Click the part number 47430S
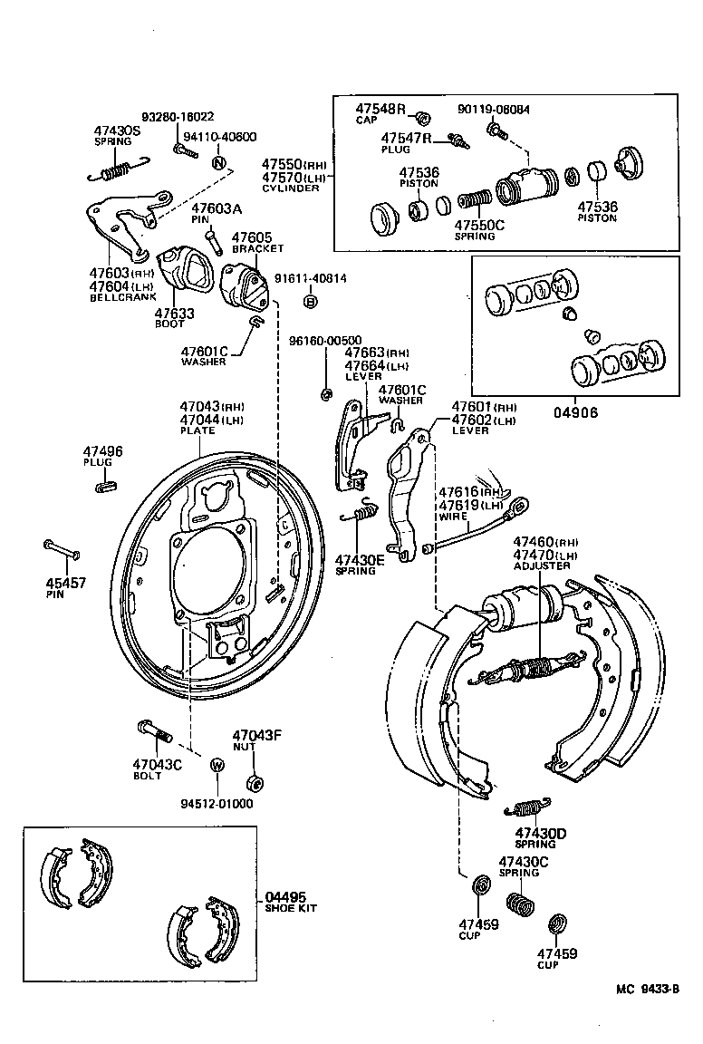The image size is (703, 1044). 118,130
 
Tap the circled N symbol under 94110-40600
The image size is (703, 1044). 217,164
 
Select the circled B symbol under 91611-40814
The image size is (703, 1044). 310,302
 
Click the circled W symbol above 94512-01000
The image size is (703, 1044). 217,765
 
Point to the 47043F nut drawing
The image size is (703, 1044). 255,781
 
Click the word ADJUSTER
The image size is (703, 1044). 542,566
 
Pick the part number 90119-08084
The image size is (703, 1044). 494,110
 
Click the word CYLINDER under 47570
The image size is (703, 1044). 291,188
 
